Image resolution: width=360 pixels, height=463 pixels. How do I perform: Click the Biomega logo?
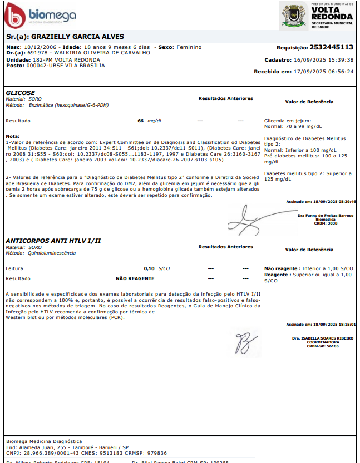pyautogui.click(x=39, y=17)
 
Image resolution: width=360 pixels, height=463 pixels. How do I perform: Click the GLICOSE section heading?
pyautogui.click(x=20, y=92)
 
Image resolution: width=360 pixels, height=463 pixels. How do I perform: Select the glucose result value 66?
pyautogui.click(x=141, y=120)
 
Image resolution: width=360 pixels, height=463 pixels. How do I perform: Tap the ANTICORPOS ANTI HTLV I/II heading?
pyautogui.click(x=53, y=241)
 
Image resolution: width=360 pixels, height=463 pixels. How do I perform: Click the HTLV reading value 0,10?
pyautogui.click(x=149, y=268)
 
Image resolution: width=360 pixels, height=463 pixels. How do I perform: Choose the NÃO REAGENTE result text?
pyautogui.click(x=135, y=278)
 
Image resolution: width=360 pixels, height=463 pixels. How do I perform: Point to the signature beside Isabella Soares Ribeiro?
pyautogui.click(x=244, y=340)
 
